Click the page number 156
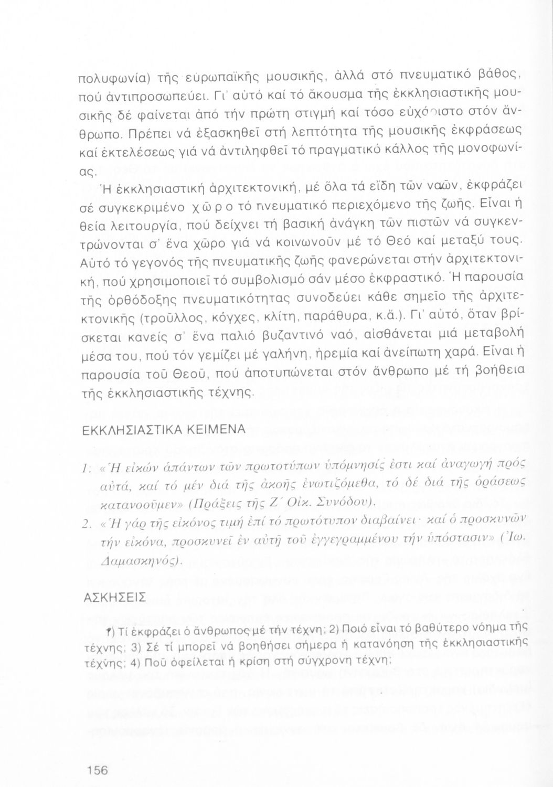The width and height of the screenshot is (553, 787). [98, 770]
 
